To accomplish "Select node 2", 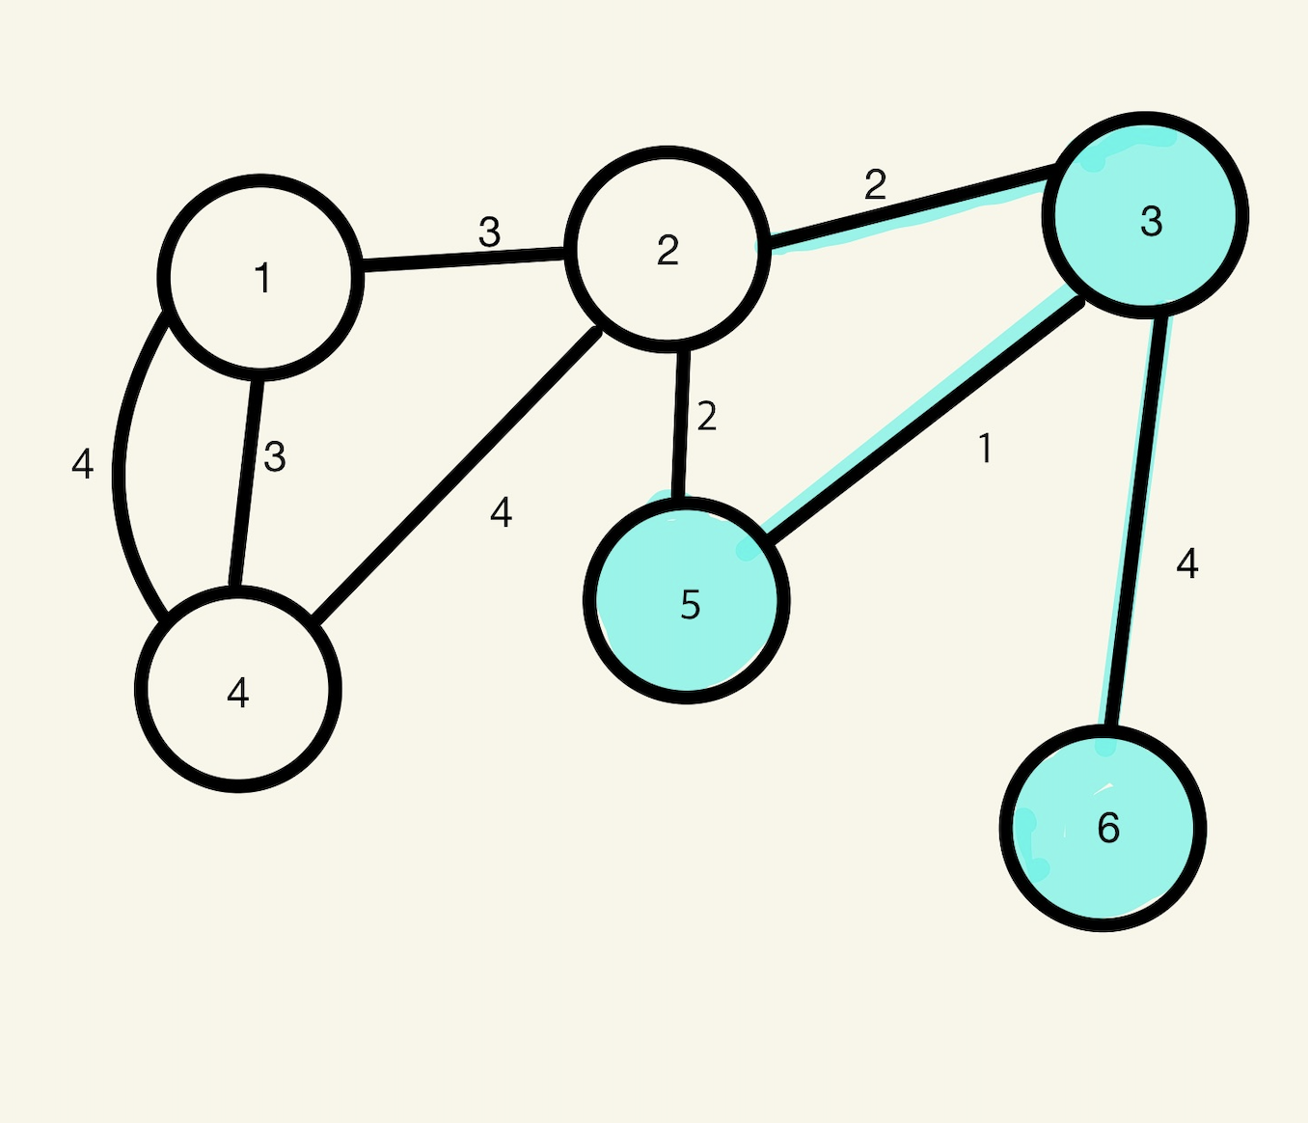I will click(668, 248).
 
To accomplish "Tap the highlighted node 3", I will click(1146, 216).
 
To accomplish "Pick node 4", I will click(238, 690).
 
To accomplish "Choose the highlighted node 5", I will click(687, 600).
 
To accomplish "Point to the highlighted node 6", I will click(1103, 828).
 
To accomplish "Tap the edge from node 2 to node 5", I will click(681, 422).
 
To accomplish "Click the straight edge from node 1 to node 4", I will click(245, 482).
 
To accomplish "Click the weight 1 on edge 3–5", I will click(985, 449).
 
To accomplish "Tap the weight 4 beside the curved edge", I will click(83, 465).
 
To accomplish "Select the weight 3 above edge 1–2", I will click(490, 233).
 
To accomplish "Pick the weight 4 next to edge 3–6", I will click(1187, 563).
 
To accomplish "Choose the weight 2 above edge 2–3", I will click(875, 184).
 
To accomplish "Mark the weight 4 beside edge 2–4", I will click(501, 512).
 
